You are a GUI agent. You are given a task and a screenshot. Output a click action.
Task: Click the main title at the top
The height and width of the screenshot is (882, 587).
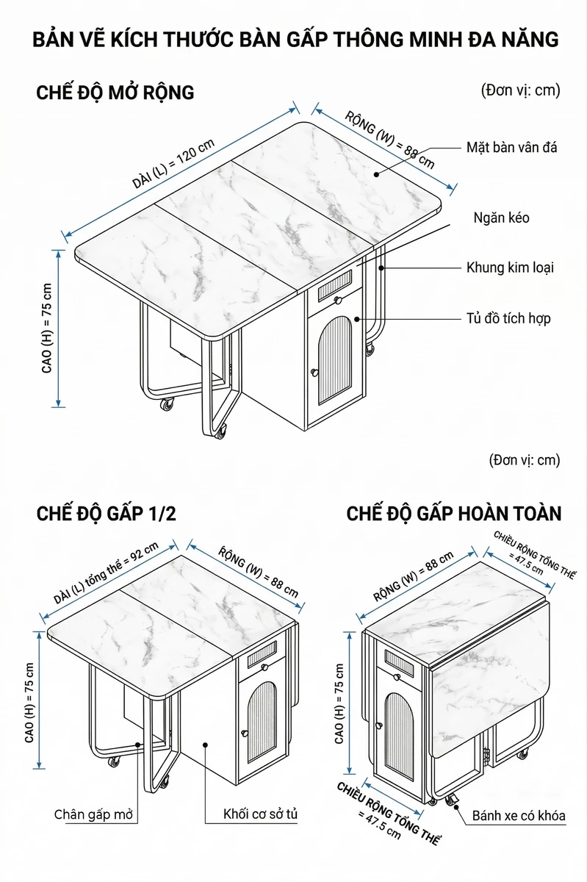(295, 40)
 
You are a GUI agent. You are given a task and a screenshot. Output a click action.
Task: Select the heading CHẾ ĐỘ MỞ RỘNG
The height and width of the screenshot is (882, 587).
(115, 93)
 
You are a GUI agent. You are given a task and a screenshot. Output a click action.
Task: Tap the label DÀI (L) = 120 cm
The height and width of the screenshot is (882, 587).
(173, 164)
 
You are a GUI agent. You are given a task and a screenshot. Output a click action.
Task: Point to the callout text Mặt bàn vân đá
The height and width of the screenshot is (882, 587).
(512, 148)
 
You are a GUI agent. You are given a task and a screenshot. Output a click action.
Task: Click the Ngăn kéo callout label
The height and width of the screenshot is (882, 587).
(501, 218)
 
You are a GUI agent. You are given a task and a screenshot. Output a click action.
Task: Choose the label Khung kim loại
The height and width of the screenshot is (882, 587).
(510, 268)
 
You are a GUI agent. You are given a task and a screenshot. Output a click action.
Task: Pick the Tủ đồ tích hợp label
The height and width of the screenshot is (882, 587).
(508, 318)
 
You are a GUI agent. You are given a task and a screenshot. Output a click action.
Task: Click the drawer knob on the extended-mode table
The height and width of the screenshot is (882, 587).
(338, 301)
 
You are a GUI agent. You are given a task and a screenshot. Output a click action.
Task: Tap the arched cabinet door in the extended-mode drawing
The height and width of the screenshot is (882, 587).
(335, 359)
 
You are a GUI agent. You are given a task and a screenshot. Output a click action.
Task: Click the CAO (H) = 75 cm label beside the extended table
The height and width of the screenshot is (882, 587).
(47, 328)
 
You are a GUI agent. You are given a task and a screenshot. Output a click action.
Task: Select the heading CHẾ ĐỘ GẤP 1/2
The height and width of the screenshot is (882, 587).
(107, 514)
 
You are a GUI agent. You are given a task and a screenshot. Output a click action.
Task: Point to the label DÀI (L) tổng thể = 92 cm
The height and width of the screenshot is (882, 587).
(106, 573)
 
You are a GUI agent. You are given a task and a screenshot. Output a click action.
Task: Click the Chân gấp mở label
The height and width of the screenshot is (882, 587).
(94, 814)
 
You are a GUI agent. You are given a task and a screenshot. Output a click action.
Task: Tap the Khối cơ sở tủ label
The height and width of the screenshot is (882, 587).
(260, 814)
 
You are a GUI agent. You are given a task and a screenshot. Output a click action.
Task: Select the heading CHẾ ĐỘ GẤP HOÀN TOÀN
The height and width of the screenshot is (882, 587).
(454, 514)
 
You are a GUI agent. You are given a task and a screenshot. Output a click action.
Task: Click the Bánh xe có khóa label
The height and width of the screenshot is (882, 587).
(519, 815)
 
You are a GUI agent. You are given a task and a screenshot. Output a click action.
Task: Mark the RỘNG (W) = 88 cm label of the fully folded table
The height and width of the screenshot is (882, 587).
(414, 576)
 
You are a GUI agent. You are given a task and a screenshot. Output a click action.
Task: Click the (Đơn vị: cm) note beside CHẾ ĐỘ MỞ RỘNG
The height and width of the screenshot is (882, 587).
(520, 90)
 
